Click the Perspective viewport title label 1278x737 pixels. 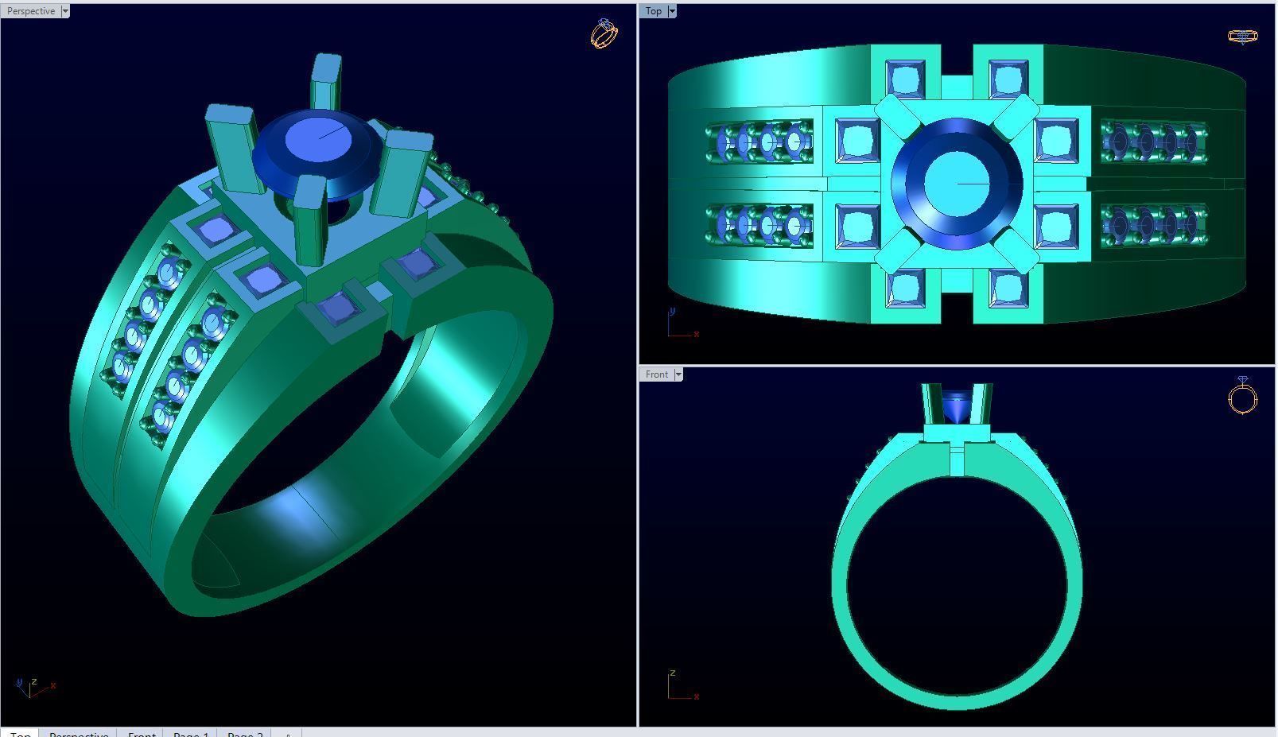pyautogui.click(x=31, y=11)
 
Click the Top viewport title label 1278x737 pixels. pyautogui.click(x=653, y=11)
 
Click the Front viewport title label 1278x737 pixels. pyautogui.click(x=656, y=374)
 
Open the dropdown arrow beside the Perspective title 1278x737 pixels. pyautogui.click(x=65, y=11)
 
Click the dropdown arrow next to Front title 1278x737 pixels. pyautogui.click(x=678, y=374)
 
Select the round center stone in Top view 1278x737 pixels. pyautogui.click(x=957, y=184)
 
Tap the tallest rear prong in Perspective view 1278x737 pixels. pyautogui.click(x=326, y=80)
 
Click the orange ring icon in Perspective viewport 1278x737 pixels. pyautogui.click(x=604, y=33)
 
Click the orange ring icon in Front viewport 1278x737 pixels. pyautogui.click(x=1242, y=396)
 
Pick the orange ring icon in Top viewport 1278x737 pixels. pyautogui.click(x=1243, y=36)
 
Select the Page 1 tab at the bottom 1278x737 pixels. pyautogui.click(x=190, y=733)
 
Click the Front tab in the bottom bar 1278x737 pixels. pyautogui.click(x=142, y=733)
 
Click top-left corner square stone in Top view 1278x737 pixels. pyautogui.click(x=905, y=80)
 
